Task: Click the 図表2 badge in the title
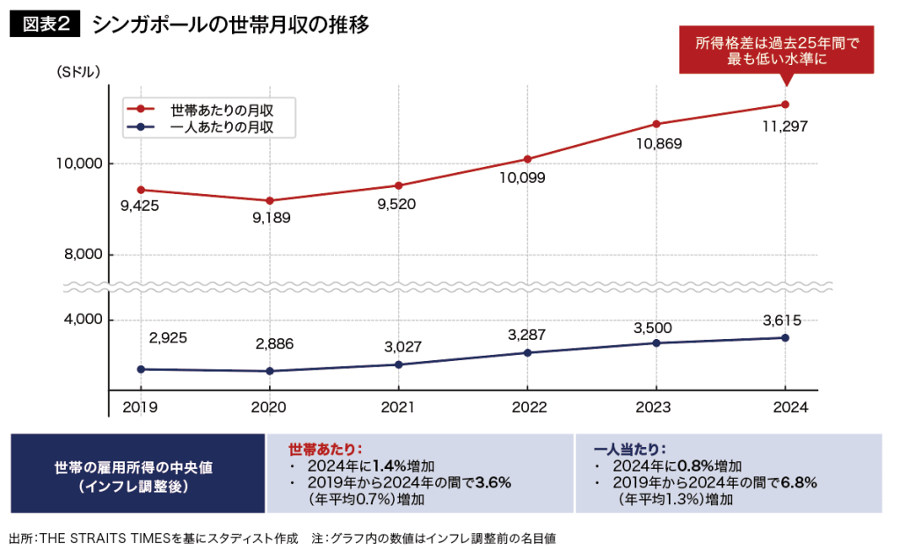pyautogui.click(x=45, y=25)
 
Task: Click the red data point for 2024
pyautogui.click(x=785, y=105)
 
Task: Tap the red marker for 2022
pyautogui.click(x=527, y=159)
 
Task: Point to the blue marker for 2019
pyautogui.click(x=142, y=369)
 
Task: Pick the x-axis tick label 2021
pyautogui.click(x=398, y=408)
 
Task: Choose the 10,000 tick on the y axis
pyautogui.click(x=79, y=164)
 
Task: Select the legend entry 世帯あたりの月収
pyautogui.click(x=220, y=110)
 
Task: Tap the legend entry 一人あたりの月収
pyautogui.click(x=220, y=127)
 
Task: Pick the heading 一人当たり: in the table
pyautogui.click(x=629, y=447)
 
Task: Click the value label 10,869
pyautogui.click(x=655, y=143)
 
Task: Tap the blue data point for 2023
pyautogui.click(x=657, y=343)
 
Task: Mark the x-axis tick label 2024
pyautogui.click(x=783, y=408)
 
